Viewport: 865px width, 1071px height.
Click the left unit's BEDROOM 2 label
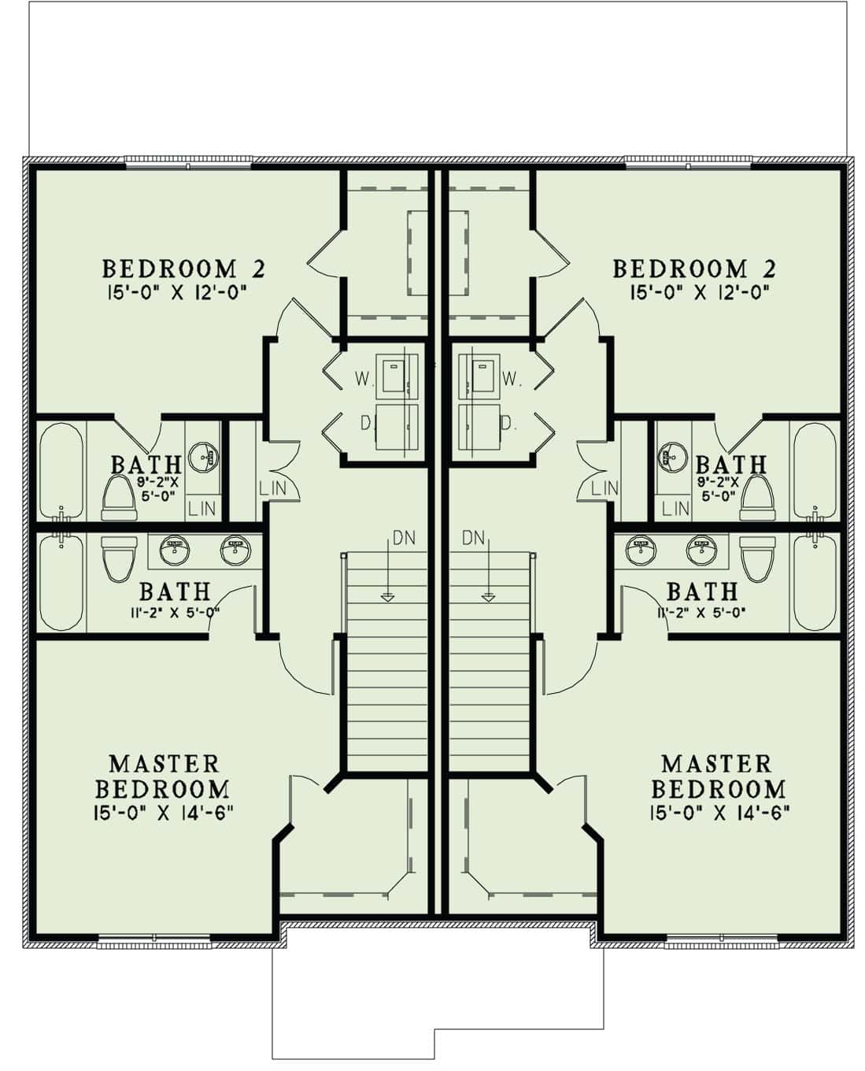point(183,269)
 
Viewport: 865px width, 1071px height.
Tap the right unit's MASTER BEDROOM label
point(718,776)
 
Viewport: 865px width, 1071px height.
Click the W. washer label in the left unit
point(362,379)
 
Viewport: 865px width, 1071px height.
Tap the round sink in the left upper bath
point(207,455)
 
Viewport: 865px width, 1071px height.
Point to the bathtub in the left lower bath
point(61,582)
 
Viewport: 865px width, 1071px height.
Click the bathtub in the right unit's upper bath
point(814,471)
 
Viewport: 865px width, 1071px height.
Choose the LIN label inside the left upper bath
point(202,509)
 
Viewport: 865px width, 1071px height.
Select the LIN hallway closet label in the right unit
point(604,488)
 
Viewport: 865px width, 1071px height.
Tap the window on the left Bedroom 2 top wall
point(188,164)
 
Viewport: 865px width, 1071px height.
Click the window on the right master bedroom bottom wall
point(721,939)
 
